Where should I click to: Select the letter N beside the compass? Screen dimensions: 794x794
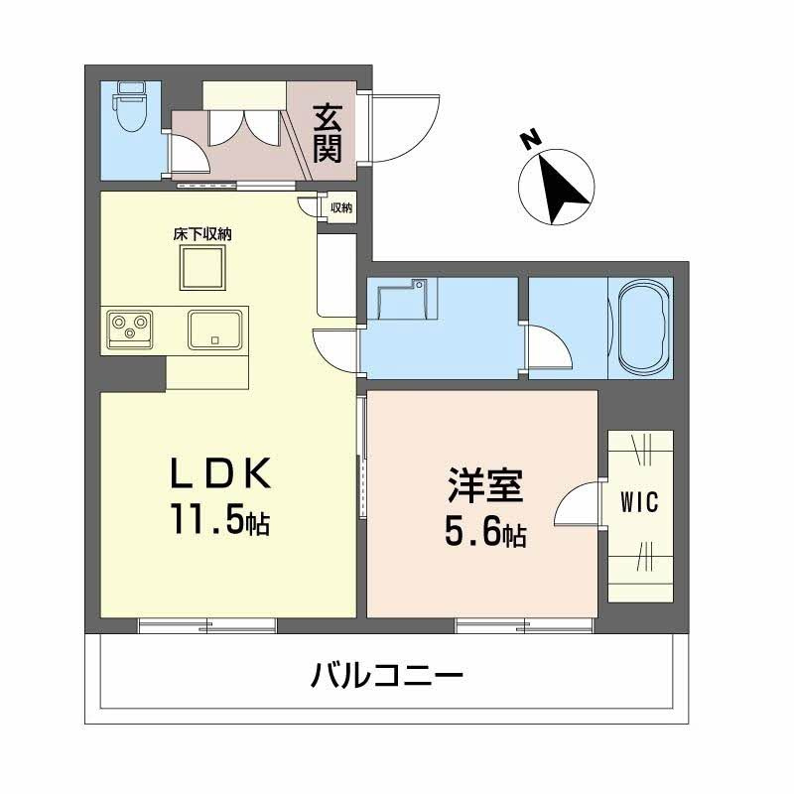pos(532,140)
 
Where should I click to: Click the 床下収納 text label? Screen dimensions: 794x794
pos(202,235)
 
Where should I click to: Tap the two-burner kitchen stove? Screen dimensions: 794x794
pos(131,328)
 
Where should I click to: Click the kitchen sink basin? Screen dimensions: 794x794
pos(214,329)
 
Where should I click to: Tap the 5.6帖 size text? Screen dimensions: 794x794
pos(484,534)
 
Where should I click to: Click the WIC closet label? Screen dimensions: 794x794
pos(639,502)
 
